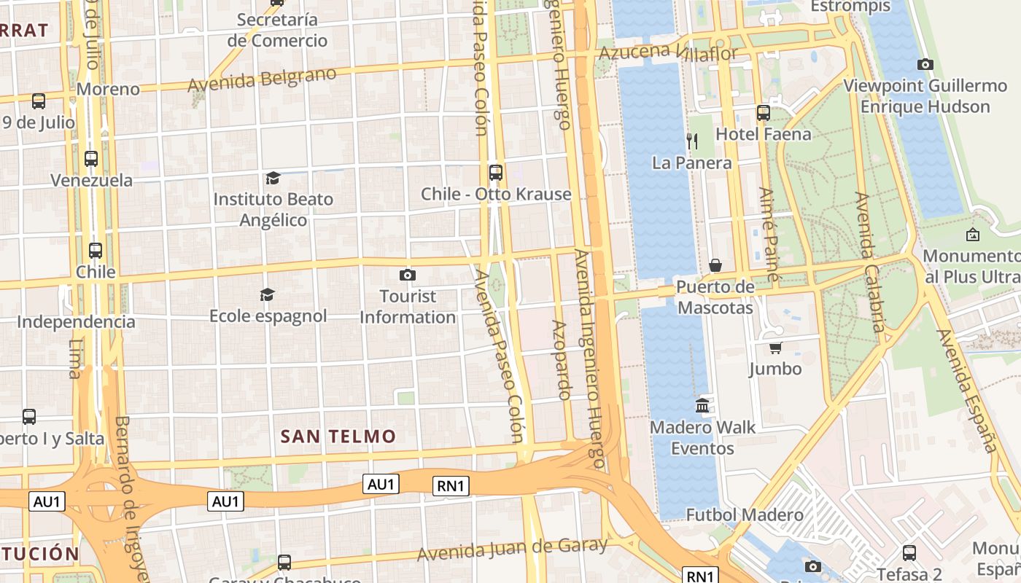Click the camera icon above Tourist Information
click(x=408, y=275)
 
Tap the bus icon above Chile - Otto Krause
click(x=496, y=173)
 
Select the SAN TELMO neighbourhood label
click(x=338, y=437)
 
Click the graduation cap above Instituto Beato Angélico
click(x=273, y=178)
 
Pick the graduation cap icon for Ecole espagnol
click(x=268, y=294)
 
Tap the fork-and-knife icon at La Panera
click(x=692, y=141)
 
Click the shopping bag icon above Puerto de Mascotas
click(x=715, y=265)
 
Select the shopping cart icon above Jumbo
click(x=775, y=348)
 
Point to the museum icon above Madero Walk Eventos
click(x=703, y=405)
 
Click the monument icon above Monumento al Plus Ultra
click(x=972, y=235)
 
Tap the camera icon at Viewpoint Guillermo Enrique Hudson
click(x=925, y=64)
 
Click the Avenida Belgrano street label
click(x=263, y=79)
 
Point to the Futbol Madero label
click(x=745, y=515)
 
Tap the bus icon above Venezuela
click(x=91, y=158)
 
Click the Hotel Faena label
click(x=763, y=134)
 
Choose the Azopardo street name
click(x=561, y=360)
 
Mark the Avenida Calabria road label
click(x=870, y=262)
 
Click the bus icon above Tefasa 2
click(x=909, y=553)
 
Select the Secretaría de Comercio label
click(x=277, y=30)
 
